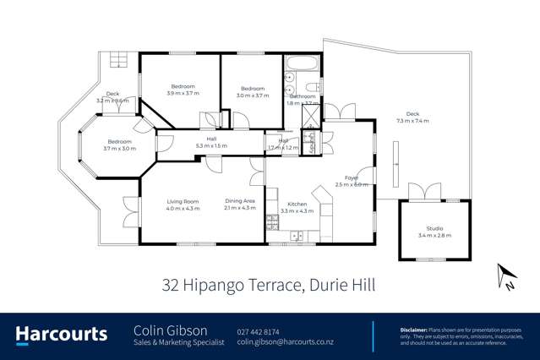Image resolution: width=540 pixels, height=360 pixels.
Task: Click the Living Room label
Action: [x=183, y=200]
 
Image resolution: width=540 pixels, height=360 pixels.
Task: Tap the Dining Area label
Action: [x=239, y=200]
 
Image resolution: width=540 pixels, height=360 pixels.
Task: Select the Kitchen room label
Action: [x=297, y=204]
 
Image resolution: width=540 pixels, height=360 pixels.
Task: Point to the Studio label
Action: [x=434, y=228]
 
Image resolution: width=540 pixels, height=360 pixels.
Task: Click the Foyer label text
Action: [x=350, y=177]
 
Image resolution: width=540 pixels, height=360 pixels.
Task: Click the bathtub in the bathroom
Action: [x=299, y=63]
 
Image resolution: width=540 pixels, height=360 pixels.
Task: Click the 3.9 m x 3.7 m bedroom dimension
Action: [x=183, y=95]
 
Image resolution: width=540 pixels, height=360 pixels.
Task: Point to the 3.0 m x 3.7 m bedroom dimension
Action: [x=253, y=95]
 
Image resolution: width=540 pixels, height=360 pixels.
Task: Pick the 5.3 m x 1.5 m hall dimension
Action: [x=212, y=146]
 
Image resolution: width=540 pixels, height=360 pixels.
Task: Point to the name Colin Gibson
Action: [x=165, y=330]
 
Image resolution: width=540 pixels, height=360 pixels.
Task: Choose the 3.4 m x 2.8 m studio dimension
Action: [x=434, y=236]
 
